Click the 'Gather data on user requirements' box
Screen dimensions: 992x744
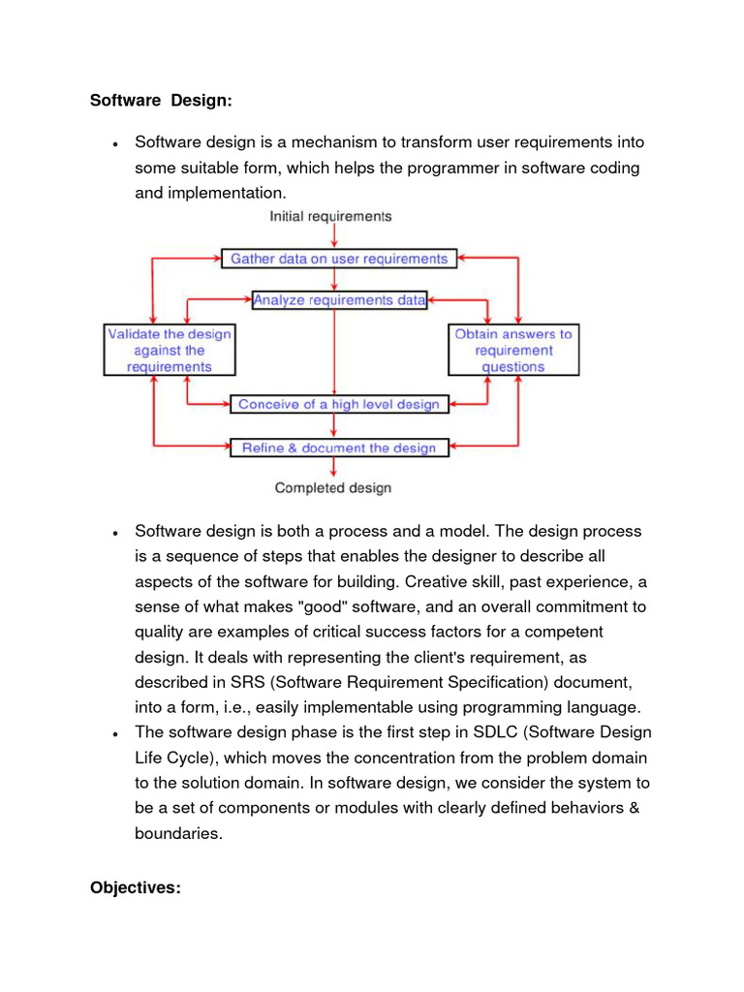click(338, 259)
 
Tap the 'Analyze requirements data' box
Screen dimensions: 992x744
click(339, 300)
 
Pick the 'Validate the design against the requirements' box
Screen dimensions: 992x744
click(170, 350)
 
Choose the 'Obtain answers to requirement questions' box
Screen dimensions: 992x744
click(513, 350)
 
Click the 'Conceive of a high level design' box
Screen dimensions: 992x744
click(339, 404)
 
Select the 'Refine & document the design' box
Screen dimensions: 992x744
click(339, 448)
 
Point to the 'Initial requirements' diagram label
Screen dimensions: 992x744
click(330, 216)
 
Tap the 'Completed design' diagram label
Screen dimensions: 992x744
click(332, 487)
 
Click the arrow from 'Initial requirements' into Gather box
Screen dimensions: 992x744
click(333, 236)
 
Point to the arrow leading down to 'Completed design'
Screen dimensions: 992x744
click(333, 467)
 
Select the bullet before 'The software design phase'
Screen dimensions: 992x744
click(114, 733)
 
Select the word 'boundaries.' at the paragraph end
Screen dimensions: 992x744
click(178, 832)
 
